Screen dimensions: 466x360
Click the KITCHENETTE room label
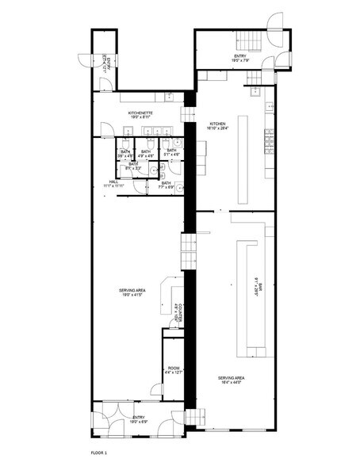pyautogui.click(x=140, y=115)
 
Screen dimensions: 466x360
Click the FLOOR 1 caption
pyautogui.click(x=98, y=452)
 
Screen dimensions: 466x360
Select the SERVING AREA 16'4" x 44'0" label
pyautogui.click(x=231, y=381)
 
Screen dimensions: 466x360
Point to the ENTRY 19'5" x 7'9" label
pyautogui.click(x=240, y=57)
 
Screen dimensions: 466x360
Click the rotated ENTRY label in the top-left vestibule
pyautogui.click(x=104, y=62)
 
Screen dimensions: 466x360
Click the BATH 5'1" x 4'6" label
pyautogui.click(x=170, y=152)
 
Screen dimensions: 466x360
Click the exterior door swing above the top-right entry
pyautogui.click(x=277, y=21)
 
